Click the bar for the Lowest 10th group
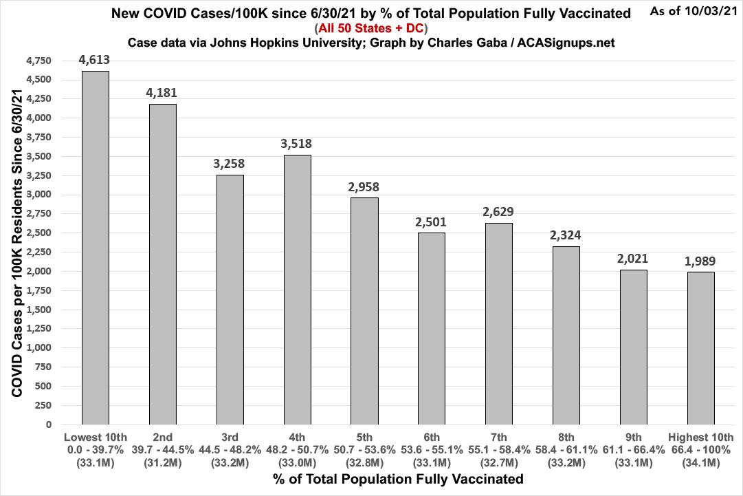[96, 248]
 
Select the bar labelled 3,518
[298, 290]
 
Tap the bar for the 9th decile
[633, 347]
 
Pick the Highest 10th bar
[700, 348]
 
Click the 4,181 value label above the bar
[163, 92]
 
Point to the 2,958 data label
[364, 186]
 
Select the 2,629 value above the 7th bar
[499, 211]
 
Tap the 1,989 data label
[700, 260]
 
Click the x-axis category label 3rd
[230, 438]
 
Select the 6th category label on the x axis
[432, 438]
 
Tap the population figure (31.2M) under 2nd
[163, 462]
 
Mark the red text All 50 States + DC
[371, 28]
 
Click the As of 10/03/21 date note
[695, 12]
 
